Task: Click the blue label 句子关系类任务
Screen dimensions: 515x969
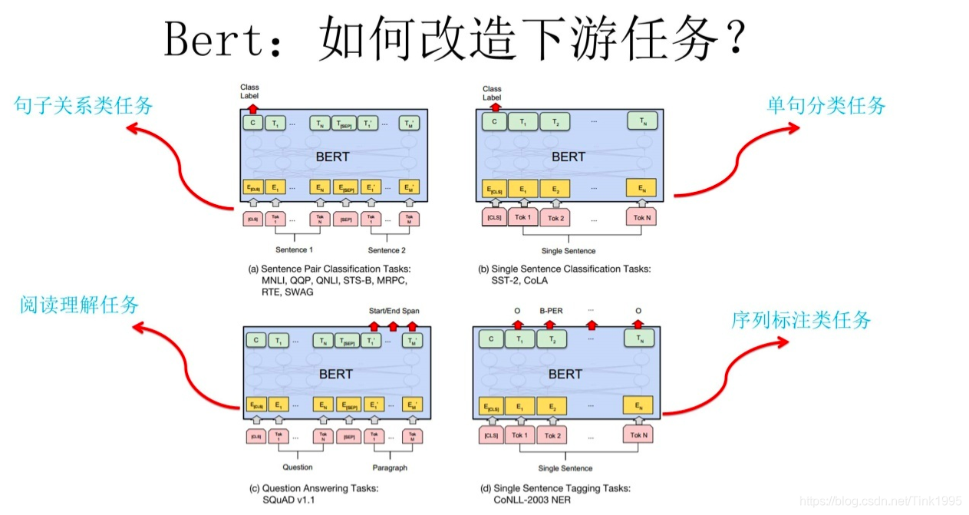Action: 84,106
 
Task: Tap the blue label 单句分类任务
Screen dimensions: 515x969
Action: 826,106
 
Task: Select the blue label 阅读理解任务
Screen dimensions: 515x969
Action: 79,305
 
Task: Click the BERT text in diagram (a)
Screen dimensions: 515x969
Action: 332,157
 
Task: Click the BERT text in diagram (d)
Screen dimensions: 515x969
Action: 565,374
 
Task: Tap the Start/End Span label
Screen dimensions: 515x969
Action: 393,311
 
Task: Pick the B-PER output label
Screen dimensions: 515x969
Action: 551,312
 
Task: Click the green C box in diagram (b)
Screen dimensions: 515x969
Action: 493,121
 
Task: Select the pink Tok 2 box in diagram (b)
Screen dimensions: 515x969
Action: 555,218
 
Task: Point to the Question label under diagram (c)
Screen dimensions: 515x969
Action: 297,467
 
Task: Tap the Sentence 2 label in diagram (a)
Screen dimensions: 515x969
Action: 388,250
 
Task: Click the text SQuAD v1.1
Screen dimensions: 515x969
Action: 288,500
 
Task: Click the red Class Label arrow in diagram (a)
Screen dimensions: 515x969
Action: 252,109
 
